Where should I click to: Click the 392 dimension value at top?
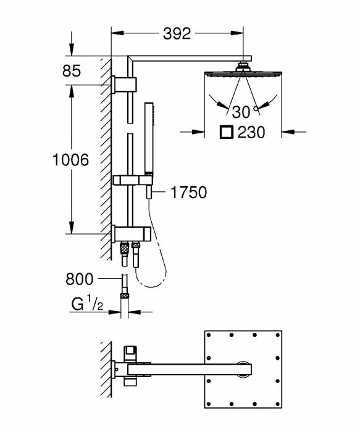(177, 33)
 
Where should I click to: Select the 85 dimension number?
(72, 71)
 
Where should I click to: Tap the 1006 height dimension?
(71, 160)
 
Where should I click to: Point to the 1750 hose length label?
(188, 192)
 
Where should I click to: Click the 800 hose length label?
(80, 279)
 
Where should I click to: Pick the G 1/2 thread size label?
(87, 303)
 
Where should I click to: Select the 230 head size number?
(251, 132)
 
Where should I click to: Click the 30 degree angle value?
(241, 112)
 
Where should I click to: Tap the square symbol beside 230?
(227, 132)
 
